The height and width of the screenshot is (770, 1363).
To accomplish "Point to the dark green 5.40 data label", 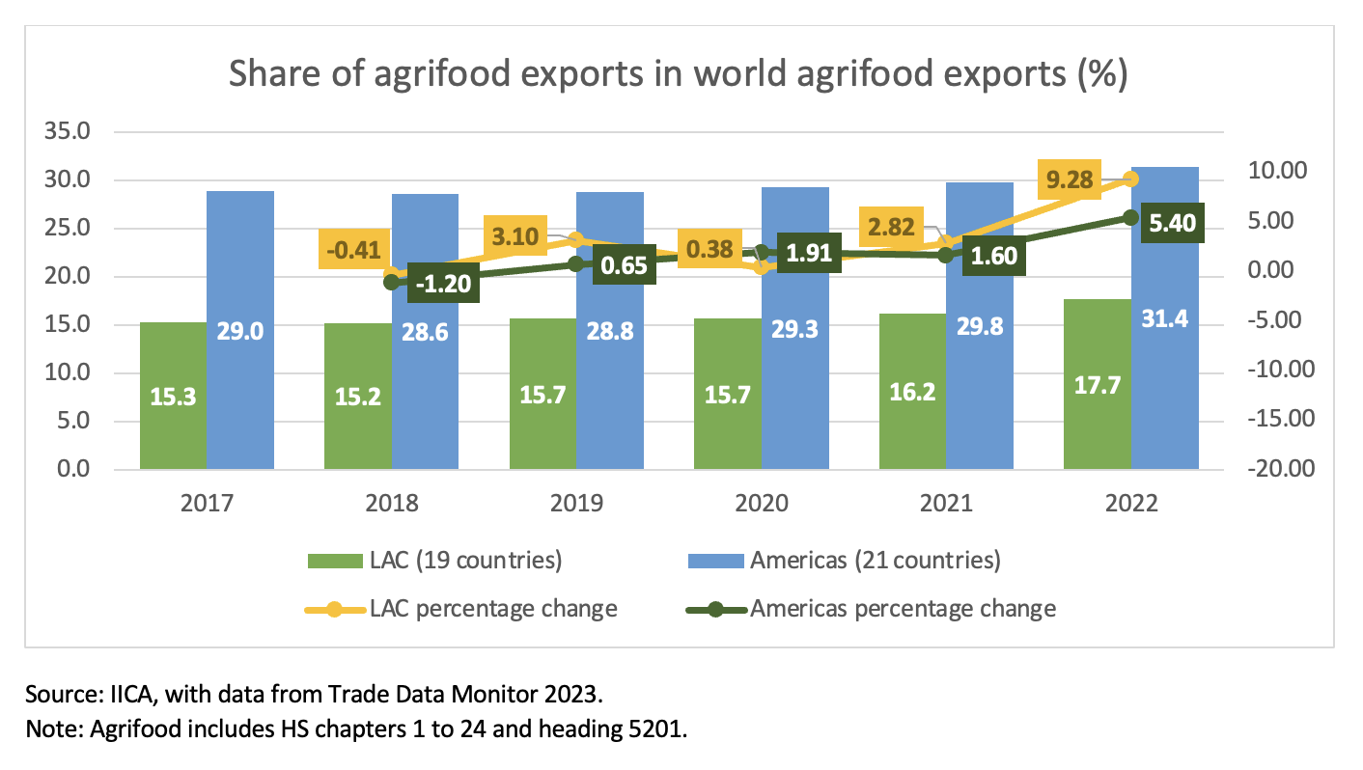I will point(1172,224).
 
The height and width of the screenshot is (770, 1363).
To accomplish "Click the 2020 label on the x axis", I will point(762,504).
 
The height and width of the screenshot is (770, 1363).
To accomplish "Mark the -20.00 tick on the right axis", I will point(1277,470).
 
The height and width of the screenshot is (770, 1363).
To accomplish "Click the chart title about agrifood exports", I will point(679,74).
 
